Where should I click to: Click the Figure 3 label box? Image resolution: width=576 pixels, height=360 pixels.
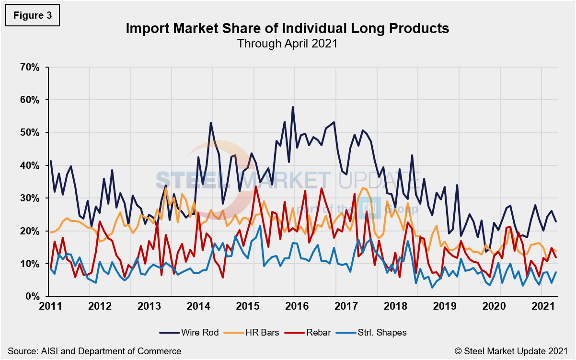(x=33, y=15)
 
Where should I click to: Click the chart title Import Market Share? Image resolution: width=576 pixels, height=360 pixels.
(x=288, y=29)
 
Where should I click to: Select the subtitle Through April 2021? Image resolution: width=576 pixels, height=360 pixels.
(x=288, y=43)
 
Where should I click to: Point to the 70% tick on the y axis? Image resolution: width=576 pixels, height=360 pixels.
(x=29, y=67)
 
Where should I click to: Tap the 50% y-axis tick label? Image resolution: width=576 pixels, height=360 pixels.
(x=29, y=133)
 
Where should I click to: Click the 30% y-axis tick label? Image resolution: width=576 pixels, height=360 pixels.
(x=29, y=198)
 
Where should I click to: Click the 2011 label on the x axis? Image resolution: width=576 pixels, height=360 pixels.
(x=50, y=306)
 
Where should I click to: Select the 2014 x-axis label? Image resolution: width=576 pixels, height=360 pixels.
(x=197, y=306)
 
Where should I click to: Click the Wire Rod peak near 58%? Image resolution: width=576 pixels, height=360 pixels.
(x=292, y=107)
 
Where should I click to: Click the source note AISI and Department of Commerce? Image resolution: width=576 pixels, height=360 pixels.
(x=94, y=351)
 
